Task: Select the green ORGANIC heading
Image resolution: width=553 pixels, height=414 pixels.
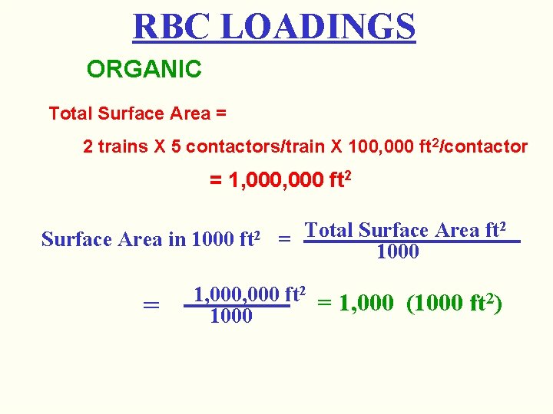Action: pyautogui.click(x=144, y=70)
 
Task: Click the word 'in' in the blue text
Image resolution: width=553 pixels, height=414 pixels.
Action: pyautogui.click(x=177, y=239)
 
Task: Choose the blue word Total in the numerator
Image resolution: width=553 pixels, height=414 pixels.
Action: pyautogui.click(x=329, y=230)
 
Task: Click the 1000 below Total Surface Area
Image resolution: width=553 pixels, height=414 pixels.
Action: pyautogui.click(x=398, y=252)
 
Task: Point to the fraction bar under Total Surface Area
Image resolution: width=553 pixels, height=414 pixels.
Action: pyautogui.click(x=412, y=242)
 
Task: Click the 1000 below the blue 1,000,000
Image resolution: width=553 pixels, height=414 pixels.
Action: pyautogui.click(x=231, y=316)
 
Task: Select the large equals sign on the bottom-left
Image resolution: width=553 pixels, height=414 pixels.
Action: pyautogui.click(x=151, y=305)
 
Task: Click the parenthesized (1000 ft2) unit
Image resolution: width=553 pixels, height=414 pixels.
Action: pyautogui.click(x=454, y=304)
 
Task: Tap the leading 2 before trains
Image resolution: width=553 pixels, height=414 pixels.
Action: pyautogui.click(x=88, y=146)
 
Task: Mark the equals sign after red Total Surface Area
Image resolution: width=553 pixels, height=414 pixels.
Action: pyautogui.click(x=221, y=114)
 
